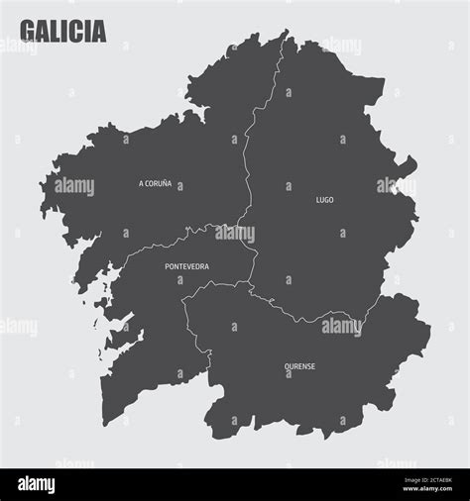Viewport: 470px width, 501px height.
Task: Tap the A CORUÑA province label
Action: coord(155,183)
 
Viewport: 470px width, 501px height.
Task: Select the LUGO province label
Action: coord(324,200)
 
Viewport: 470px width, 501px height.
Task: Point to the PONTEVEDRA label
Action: coord(187,266)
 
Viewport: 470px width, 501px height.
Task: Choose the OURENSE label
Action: coord(300,365)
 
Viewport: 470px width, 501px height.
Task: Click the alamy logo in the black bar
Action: coord(36,485)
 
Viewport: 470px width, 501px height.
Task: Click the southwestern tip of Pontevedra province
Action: coord(105,420)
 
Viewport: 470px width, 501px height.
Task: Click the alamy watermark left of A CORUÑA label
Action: coord(74,186)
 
